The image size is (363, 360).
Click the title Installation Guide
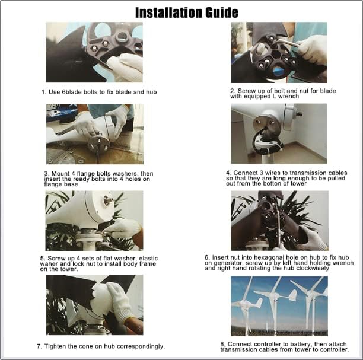(187, 12)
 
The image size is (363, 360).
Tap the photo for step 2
(278, 52)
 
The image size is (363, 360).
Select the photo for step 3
(94, 134)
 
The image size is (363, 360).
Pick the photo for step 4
(278, 134)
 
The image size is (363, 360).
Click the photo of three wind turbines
(278, 305)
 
